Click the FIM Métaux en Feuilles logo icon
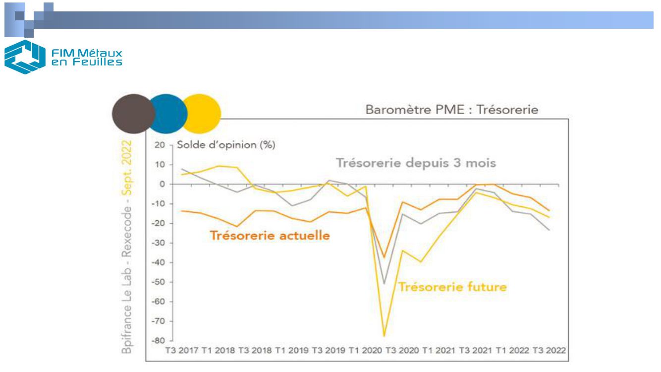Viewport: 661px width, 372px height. (x=24, y=57)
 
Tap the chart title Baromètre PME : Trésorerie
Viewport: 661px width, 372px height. (x=451, y=111)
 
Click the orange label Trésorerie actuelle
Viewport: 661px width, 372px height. (x=270, y=235)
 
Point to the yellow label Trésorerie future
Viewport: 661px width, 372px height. (x=453, y=287)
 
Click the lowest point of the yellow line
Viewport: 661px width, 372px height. (x=384, y=336)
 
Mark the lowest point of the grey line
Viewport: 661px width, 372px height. (x=385, y=284)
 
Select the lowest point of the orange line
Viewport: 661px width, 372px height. (x=384, y=257)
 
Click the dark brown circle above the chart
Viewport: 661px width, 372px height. (x=132, y=114)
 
